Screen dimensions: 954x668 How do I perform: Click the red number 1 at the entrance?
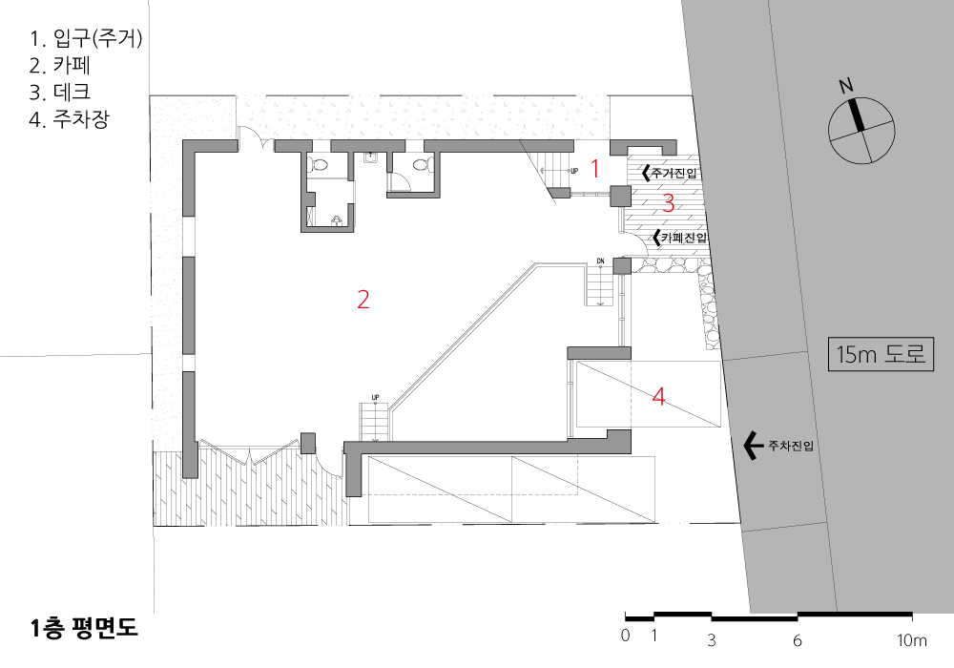[x=595, y=169]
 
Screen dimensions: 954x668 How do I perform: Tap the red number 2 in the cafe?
[x=363, y=300]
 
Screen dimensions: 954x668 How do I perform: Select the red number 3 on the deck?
[x=669, y=202]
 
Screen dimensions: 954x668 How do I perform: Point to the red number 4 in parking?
[x=658, y=397]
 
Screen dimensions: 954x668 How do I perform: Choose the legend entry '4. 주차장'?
[x=69, y=118]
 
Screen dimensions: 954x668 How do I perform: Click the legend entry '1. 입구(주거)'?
[x=85, y=38]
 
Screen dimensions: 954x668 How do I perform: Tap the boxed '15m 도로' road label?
[x=881, y=353]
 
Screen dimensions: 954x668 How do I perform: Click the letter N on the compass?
[x=845, y=87]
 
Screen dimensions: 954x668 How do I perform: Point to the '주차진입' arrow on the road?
[x=754, y=446]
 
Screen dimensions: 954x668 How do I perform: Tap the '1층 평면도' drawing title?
[x=84, y=628]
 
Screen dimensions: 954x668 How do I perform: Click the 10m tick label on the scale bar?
[x=911, y=640]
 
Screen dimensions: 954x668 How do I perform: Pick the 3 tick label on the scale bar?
[x=712, y=640]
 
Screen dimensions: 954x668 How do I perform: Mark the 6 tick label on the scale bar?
[x=797, y=640]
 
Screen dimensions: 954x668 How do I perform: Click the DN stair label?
[x=600, y=261]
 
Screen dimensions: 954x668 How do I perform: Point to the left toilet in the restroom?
[x=317, y=164]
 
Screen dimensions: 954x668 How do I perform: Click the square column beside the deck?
[x=622, y=196]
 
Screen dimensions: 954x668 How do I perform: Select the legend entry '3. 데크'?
[x=59, y=92]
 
